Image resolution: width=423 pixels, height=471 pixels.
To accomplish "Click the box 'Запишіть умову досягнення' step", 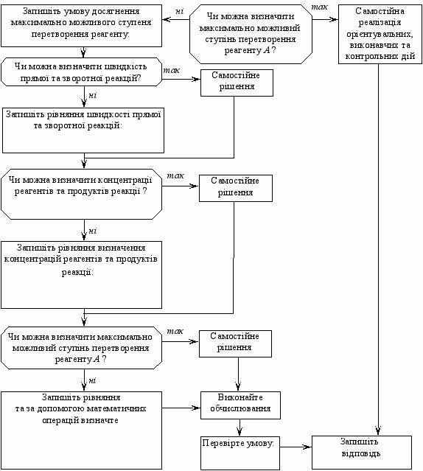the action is click(81, 26).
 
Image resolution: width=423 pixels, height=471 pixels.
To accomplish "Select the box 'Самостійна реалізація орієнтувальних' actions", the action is click(380, 34).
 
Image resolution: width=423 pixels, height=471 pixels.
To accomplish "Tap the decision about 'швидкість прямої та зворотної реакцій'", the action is click(81, 72).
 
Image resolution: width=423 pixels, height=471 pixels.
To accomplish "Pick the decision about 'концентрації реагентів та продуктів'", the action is click(81, 194).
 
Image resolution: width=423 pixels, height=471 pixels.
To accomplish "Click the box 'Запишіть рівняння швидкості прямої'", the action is click(83, 130).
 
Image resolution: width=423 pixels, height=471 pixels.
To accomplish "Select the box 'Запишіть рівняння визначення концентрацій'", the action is click(81, 275).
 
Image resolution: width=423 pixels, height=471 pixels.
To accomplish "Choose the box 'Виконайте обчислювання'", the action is click(240, 405).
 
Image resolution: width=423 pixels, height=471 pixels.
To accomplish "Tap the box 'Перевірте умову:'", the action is click(240, 453).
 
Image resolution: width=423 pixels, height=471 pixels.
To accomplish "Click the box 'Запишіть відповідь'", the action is click(362, 453).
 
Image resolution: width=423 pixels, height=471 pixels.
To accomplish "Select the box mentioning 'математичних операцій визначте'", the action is click(81, 430).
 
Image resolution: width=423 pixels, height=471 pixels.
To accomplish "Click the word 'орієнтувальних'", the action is click(380, 34).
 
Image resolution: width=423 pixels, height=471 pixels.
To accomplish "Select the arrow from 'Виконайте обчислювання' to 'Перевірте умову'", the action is click(240, 428).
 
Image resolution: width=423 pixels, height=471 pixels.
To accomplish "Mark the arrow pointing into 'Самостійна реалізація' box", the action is click(325, 19).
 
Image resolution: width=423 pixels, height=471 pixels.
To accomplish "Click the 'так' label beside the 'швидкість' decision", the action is click(172, 70).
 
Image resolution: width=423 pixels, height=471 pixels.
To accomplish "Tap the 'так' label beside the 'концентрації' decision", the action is click(175, 175).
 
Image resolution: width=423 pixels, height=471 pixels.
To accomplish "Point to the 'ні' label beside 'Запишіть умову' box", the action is click(179, 11).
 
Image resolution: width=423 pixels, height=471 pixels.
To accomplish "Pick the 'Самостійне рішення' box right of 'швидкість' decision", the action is click(237, 83).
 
